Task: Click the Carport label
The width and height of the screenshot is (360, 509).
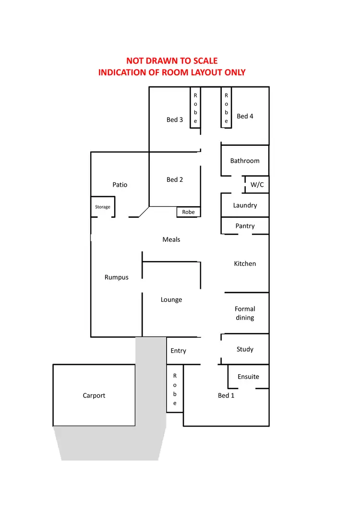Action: pyautogui.click(x=94, y=396)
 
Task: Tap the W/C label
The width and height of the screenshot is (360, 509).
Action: pyautogui.click(x=257, y=185)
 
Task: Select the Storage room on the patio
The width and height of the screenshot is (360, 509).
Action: pyautogui.click(x=102, y=207)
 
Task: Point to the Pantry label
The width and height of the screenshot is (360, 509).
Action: pyautogui.click(x=245, y=226)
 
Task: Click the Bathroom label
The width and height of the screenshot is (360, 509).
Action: pyautogui.click(x=245, y=161)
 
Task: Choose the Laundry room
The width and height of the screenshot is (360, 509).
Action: pyautogui.click(x=245, y=205)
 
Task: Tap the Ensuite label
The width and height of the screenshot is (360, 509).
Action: pyautogui.click(x=248, y=377)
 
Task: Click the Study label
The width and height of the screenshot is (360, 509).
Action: pyautogui.click(x=245, y=349)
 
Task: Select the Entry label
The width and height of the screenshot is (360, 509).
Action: pyautogui.click(x=178, y=351)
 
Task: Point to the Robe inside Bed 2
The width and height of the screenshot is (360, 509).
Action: pyautogui.click(x=189, y=212)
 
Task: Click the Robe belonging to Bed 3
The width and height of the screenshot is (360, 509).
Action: pyautogui.click(x=195, y=108)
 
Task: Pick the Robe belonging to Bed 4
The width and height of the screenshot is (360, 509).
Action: pyautogui.click(x=226, y=108)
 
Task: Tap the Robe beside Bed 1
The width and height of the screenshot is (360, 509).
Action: pyautogui.click(x=175, y=389)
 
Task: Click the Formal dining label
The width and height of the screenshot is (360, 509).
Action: pyautogui.click(x=245, y=313)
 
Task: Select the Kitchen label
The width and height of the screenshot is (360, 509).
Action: pyautogui.click(x=245, y=263)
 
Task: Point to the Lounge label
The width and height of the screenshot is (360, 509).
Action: pyautogui.click(x=171, y=300)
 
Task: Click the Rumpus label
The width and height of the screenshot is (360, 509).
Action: pyautogui.click(x=117, y=277)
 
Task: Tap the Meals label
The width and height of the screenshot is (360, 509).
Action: pyautogui.click(x=171, y=239)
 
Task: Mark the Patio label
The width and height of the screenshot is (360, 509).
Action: pyautogui.click(x=120, y=185)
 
